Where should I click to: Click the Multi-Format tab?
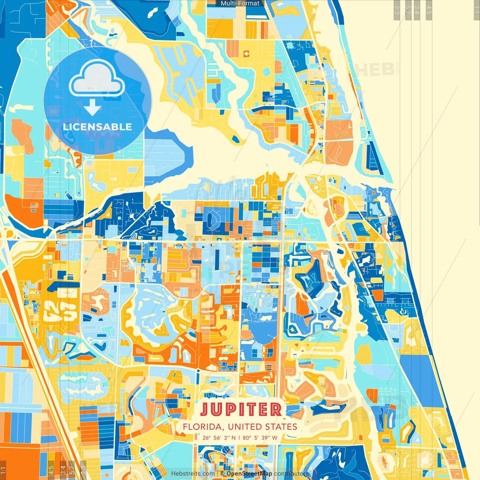pyautogui.click(x=240, y=3)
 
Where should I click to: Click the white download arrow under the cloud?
pyautogui.click(x=92, y=108)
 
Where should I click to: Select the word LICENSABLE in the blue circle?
pyautogui.click(x=97, y=127)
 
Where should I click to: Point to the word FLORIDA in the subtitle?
pyautogui.click(x=204, y=427)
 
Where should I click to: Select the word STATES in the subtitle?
pyautogui.click(x=281, y=427)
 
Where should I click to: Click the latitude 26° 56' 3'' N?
pyautogui.click(x=219, y=438)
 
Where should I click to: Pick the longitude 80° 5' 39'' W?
pyautogui.click(x=260, y=438)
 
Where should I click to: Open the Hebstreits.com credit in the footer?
pyautogui.click(x=193, y=474)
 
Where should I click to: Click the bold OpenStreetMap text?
pyautogui.click(x=249, y=474)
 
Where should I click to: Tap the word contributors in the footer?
pyautogui.click(x=291, y=474)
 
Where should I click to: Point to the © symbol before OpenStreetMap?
pyautogui.click(x=222, y=474)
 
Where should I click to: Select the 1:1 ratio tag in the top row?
pyautogui.click(x=476, y=9)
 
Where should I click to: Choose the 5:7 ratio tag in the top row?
pyautogui.click(x=408, y=9)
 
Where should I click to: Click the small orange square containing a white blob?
pyautogui.click(x=246, y=54)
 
